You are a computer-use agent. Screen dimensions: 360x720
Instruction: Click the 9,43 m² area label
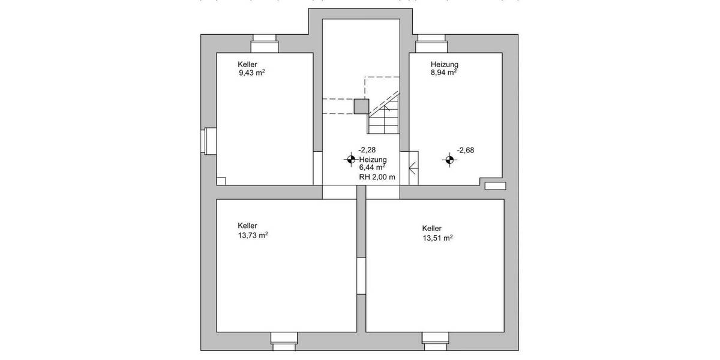[x=251, y=74]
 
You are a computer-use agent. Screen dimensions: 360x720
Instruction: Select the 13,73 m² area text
[x=253, y=235]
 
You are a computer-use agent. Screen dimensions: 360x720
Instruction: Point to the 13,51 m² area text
[x=437, y=238]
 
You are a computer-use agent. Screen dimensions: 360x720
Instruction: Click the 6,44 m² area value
[x=372, y=168]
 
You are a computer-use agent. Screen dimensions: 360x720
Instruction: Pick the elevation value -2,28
[x=367, y=150]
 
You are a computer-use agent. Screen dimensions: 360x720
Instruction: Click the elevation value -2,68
[x=466, y=151]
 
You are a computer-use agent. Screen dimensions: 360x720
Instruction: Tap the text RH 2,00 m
[x=377, y=177]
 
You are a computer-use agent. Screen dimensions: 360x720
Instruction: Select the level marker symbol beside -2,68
[x=449, y=160]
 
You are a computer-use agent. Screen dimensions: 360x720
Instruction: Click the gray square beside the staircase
[x=361, y=106]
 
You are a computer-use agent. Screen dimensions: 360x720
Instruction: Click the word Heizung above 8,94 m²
[x=445, y=64]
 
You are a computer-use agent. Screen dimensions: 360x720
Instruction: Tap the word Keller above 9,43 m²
[x=248, y=64]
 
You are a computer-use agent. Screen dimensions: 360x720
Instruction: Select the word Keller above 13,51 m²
[x=432, y=229]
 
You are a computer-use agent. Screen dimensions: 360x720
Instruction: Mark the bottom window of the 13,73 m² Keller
[x=284, y=340]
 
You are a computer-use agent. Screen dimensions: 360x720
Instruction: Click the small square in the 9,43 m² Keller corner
[x=221, y=181]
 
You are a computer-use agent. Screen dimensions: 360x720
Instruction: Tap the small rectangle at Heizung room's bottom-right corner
[x=495, y=185]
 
